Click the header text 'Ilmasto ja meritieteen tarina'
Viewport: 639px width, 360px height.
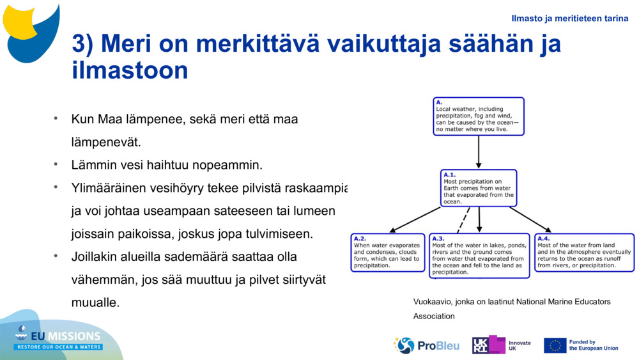pyautogui.click(x=569, y=19)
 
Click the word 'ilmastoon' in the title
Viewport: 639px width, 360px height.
pyautogui.click(x=130, y=70)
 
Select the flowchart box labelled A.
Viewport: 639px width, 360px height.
pyautogui.click(x=478, y=116)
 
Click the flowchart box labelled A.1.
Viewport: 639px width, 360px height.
pyautogui.click(x=479, y=188)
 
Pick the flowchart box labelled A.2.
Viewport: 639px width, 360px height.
pyautogui.click(x=388, y=253)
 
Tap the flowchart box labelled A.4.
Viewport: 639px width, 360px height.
pyautogui.click(x=584, y=253)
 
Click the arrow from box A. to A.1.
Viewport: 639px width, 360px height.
pyautogui.click(x=479, y=152)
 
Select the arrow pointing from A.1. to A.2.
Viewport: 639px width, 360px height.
pyautogui.click(x=415, y=219)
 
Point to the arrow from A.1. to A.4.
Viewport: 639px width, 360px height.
pyautogui.click(x=530, y=219)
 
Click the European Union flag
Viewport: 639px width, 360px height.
pyautogui.click(x=555, y=345)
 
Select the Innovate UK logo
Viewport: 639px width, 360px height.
pyautogui.click(x=501, y=345)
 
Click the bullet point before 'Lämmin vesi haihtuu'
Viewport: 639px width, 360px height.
pyautogui.click(x=56, y=164)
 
